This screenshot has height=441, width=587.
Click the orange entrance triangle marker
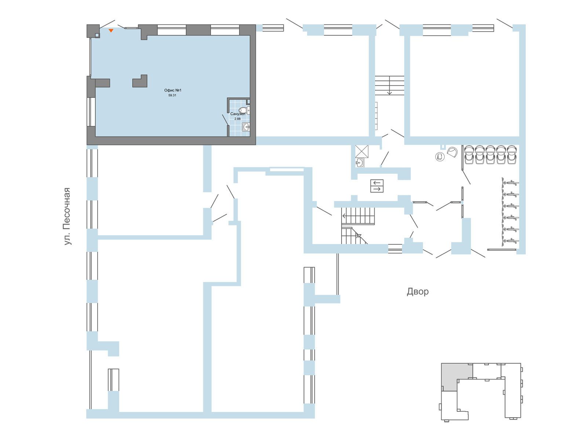coord(111,31)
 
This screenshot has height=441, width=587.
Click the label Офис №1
coord(172,90)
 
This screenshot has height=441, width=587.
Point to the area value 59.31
coord(172,95)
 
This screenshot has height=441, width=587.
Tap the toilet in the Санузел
coord(244,110)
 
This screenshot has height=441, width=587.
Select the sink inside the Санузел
coord(246,127)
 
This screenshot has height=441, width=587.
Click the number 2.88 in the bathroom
coord(237,119)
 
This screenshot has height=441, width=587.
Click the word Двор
coord(418,291)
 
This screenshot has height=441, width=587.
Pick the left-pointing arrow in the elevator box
coord(377,183)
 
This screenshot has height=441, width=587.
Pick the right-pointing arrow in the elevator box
coord(377,189)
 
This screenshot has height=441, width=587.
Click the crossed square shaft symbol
coord(362,151)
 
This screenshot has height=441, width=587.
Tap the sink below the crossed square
coord(360,162)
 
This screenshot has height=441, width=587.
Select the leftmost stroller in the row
coord(469,154)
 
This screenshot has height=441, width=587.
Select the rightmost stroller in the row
coord(511,154)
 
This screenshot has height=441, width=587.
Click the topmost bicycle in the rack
coord(510,183)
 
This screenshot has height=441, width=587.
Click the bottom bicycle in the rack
coord(510,241)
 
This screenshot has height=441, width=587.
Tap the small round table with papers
coord(440,157)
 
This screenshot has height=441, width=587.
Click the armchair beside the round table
coord(452,153)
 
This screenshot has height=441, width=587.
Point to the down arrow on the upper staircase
coord(389,85)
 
